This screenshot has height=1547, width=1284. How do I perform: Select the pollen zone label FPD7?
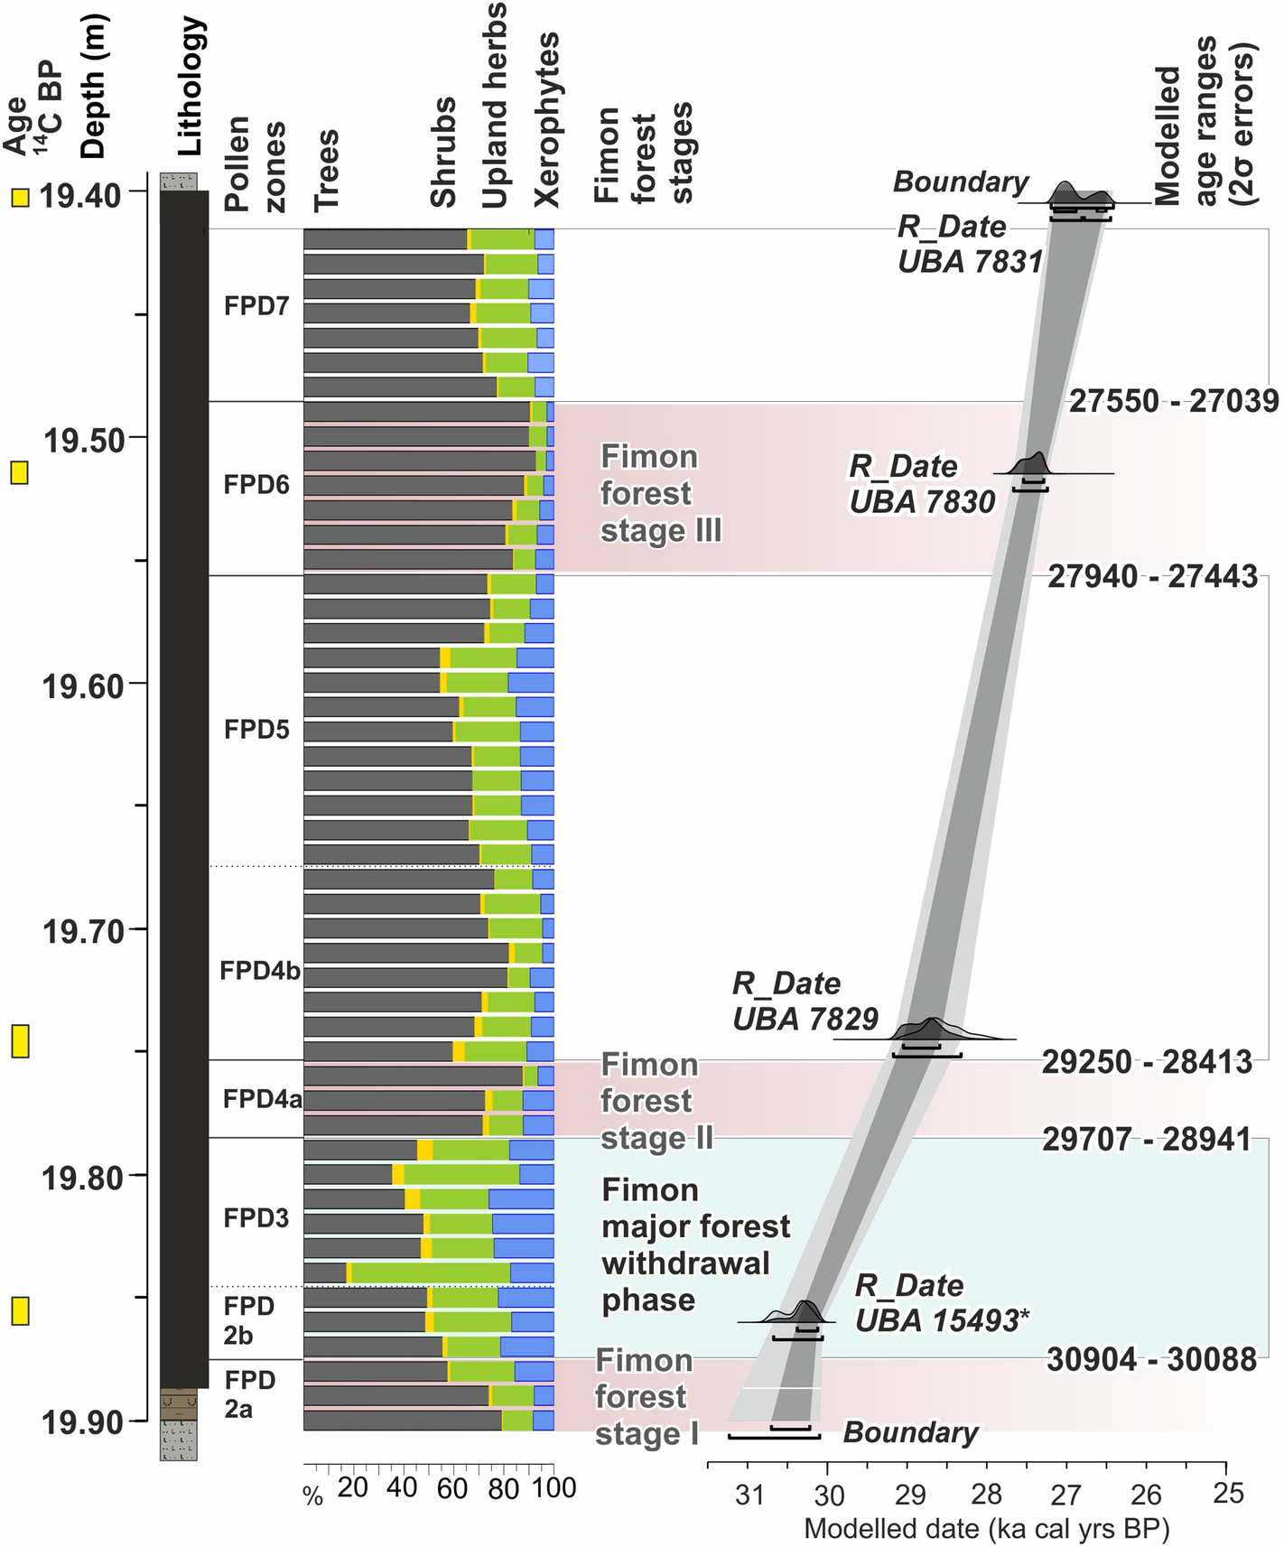click(256, 306)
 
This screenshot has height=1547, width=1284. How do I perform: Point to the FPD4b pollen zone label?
click(260, 971)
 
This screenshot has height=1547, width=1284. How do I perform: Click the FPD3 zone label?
click(256, 1217)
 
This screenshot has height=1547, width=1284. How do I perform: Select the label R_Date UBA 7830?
click(922, 484)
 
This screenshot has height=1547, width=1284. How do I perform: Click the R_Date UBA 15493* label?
click(941, 1303)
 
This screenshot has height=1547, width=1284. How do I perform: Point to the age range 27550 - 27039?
click(1174, 401)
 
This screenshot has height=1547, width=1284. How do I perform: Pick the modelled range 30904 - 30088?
click(1151, 1359)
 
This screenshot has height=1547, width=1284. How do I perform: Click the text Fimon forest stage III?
click(661, 494)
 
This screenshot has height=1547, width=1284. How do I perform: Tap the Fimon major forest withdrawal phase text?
click(695, 1244)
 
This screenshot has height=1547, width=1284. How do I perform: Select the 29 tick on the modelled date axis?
click(909, 1496)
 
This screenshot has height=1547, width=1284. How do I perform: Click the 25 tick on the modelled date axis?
click(1228, 1494)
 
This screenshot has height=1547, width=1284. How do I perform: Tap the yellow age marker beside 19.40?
click(20, 198)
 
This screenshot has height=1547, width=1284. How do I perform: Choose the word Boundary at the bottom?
click(910, 1432)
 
